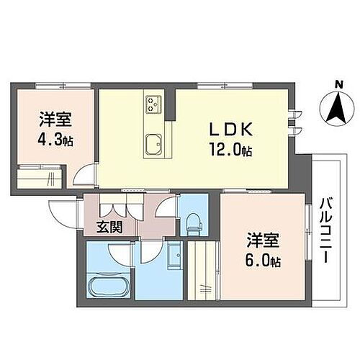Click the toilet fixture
tap(193, 225)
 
